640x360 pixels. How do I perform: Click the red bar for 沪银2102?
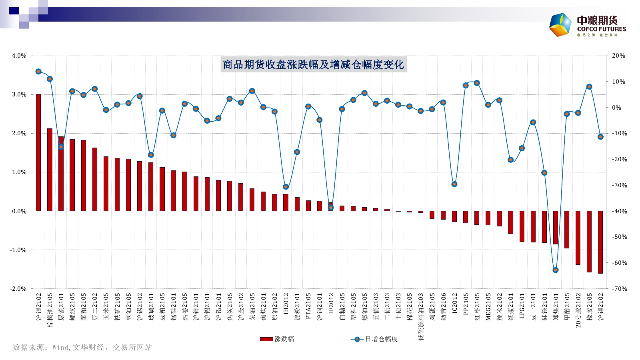(x=38, y=152)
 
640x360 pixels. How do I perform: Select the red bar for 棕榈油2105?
(x=50, y=170)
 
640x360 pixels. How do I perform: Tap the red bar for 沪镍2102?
(x=600, y=242)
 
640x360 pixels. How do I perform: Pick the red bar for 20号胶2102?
(x=578, y=238)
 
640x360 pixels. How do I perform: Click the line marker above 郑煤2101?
(x=555, y=270)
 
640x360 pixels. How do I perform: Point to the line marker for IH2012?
(x=286, y=187)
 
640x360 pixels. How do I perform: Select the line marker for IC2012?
(x=454, y=184)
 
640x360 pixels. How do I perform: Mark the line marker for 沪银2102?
(x=38, y=72)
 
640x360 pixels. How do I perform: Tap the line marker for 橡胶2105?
(x=589, y=87)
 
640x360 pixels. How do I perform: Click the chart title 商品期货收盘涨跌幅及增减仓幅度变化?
(x=313, y=65)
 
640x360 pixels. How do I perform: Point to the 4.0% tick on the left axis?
(x=19, y=56)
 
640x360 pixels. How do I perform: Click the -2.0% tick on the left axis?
(x=18, y=289)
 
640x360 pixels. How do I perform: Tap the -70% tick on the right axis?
(x=618, y=289)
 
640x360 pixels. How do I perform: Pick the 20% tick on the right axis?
(x=618, y=56)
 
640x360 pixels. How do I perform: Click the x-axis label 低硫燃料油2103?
(x=421, y=316)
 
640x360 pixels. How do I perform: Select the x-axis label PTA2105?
(x=308, y=306)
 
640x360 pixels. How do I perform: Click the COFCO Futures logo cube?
(x=560, y=25)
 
